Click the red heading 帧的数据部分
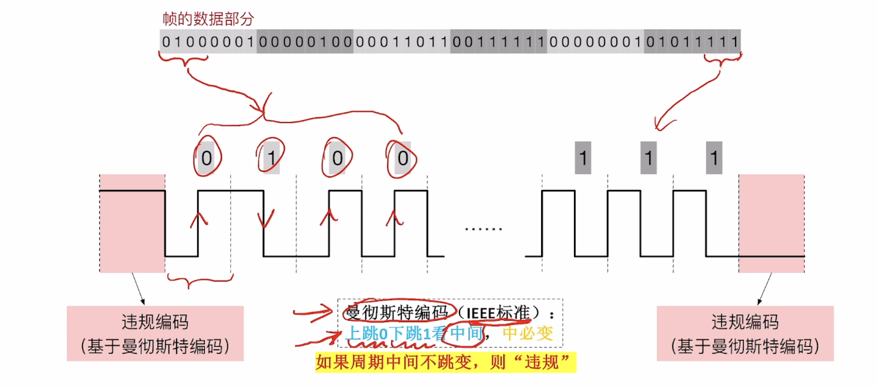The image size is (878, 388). tap(208, 19)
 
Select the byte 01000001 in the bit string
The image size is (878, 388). tap(208, 43)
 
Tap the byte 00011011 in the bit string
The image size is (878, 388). tap(402, 43)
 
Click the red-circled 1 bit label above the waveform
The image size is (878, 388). tap(271, 158)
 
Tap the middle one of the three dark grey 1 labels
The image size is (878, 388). tap(649, 158)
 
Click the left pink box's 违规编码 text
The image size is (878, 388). tap(154, 322)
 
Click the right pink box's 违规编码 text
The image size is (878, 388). tap(744, 322)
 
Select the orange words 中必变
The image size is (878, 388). tap(527, 334)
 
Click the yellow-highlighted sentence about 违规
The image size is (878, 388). tap(445, 362)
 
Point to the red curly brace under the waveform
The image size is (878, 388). tap(200, 280)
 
